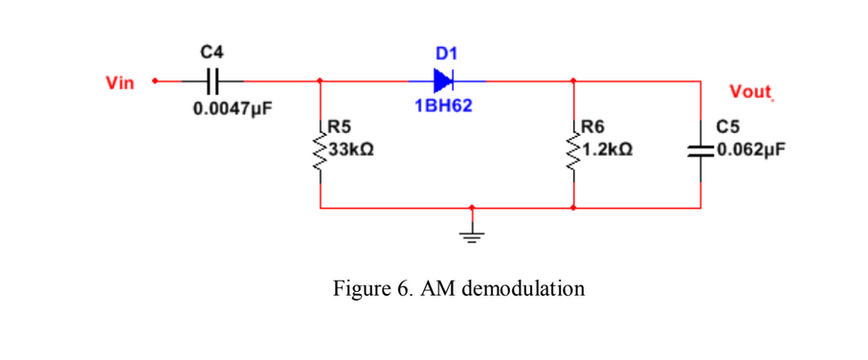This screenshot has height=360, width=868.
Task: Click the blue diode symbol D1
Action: pos(443,81)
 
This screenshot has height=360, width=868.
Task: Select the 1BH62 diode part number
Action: pos(443,106)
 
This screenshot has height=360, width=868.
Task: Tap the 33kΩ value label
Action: pos(350,150)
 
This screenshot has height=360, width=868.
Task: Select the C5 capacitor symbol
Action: pos(701,150)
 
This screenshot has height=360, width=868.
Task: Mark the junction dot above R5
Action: pos(320,81)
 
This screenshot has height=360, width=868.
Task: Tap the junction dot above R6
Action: pos(573,81)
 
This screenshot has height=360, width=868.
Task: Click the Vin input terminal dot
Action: pos(154,81)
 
